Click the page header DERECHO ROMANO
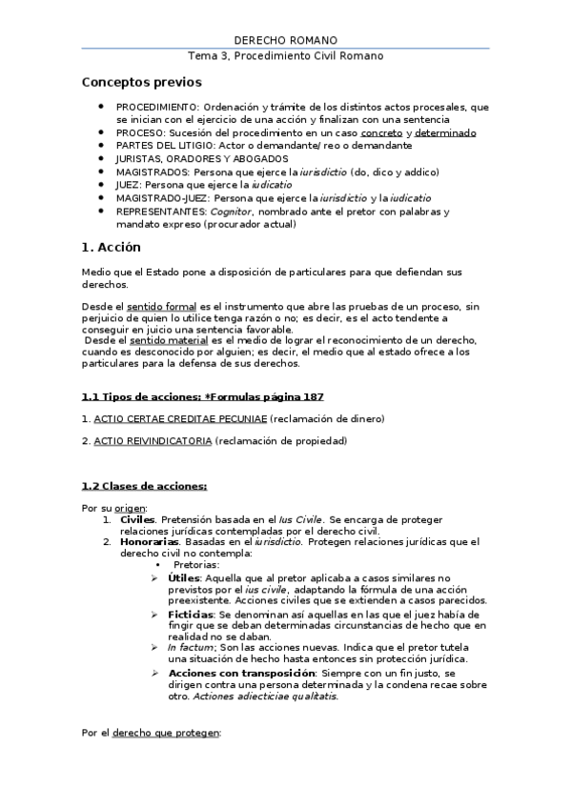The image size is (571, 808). (285, 40)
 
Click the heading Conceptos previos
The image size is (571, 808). (141, 84)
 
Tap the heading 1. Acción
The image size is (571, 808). (112, 248)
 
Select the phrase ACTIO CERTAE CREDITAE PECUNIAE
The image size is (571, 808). (180, 418)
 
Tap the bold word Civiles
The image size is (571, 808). (137, 519)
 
